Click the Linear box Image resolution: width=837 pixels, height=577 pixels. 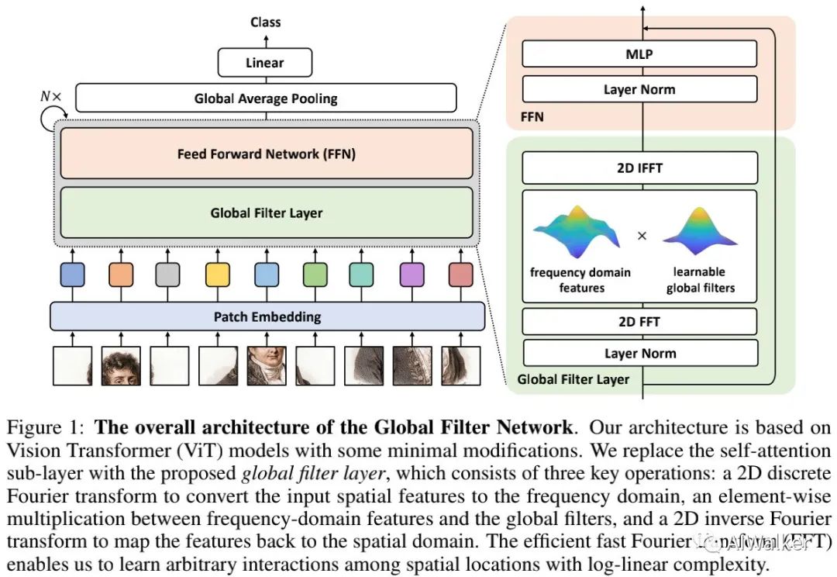pyautogui.click(x=265, y=63)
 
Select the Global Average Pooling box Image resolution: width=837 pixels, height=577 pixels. pyautogui.click(x=266, y=98)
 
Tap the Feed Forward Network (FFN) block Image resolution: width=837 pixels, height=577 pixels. pyautogui.click(x=266, y=154)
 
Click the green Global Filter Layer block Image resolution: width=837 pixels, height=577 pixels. pyautogui.click(x=266, y=212)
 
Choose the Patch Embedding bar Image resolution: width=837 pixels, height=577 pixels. pyautogui.click(x=267, y=316)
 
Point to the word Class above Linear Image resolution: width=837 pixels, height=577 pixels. pyautogui.click(x=265, y=22)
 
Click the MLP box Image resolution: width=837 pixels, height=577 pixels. pyautogui.click(x=639, y=55)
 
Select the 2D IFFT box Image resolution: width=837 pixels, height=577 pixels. pyautogui.click(x=639, y=168)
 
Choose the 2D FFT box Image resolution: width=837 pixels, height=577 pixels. pyautogui.click(x=639, y=321)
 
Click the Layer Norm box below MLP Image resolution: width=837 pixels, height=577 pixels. pyautogui.click(x=639, y=90)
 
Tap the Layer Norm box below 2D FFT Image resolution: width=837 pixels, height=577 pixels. pyautogui.click(x=639, y=354)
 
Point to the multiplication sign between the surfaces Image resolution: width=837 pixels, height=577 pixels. pyautogui.click(x=642, y=236)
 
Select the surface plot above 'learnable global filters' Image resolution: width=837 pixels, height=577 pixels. pyautogui.click(x=699, y=232)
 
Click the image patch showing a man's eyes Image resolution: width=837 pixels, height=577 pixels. pyautogui.click(x=121, y=367)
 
